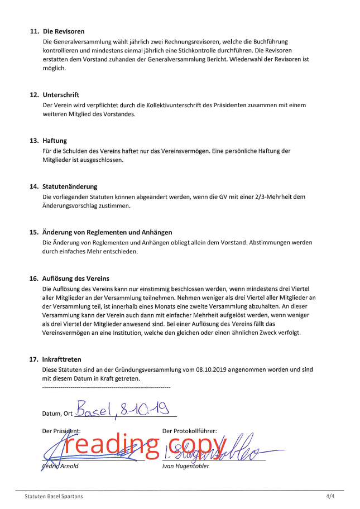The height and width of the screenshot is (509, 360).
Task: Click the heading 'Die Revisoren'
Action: click(64, 31)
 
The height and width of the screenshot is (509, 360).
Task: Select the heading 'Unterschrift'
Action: click(61, 95)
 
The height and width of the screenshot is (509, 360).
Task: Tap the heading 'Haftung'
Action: click(55, 141)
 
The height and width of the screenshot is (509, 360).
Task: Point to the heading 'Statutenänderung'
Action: click(70, 186)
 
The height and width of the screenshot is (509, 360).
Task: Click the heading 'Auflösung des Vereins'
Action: click(76, 278)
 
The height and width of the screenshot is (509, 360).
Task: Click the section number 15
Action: click(33, 232)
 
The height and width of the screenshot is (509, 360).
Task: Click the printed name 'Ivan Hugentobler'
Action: click(185, 467)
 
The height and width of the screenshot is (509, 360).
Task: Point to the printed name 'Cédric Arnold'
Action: click(60, 467)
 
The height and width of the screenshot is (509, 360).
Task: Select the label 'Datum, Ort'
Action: click(57, 414)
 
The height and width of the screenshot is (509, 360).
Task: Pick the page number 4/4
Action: click(330, 496)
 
